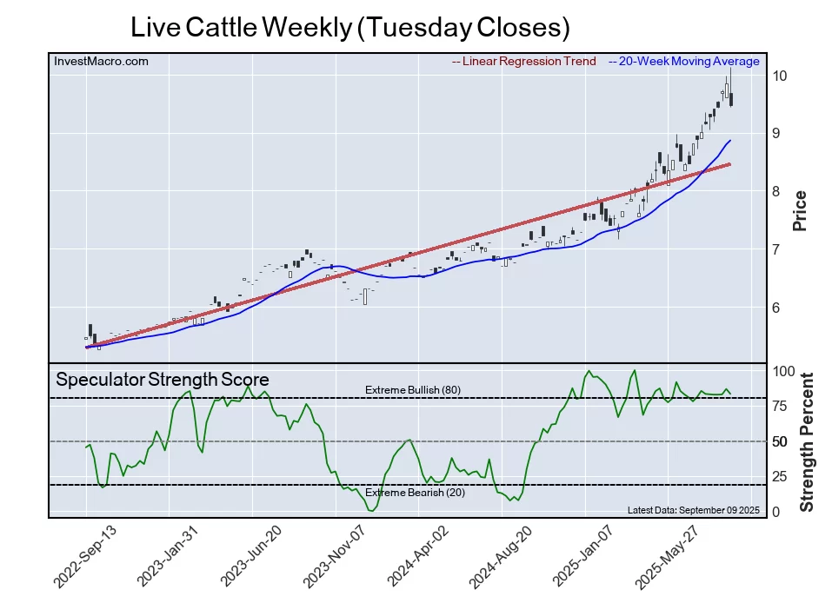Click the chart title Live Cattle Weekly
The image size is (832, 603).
(349, 27)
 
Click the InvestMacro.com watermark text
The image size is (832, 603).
(101, 62)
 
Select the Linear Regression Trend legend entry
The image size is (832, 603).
(524, 62)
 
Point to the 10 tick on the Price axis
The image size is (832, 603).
(780, 76)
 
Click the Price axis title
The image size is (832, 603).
(800, 211)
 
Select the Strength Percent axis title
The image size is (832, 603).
(806, 441)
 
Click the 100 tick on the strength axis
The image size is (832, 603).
(784, 371)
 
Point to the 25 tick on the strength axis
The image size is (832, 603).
(781, 477)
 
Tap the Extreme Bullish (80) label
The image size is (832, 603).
(412, 390)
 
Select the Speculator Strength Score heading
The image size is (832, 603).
(163, 380)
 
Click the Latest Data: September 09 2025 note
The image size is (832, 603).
(693, 509)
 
